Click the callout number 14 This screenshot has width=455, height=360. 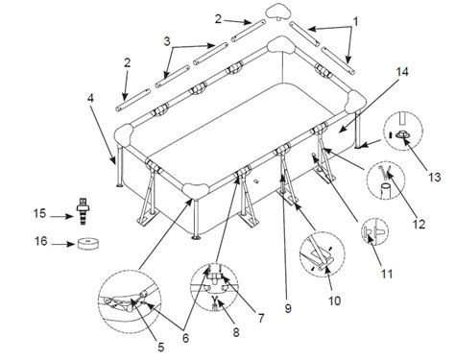click(x=402, y=71)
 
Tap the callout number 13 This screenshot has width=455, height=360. click(x=435, y=177)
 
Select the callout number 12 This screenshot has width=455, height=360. click(x=419, y=224)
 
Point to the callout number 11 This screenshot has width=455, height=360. click(x=387, y=274)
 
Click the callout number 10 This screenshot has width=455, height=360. click(x=335, y=300)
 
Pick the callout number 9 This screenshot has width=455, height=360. click(x=288, y=308)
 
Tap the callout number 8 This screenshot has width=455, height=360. click(x=236, y=332)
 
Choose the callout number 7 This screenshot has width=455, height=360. click(x=261, y=318)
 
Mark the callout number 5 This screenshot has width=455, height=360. click(x=161, y=347)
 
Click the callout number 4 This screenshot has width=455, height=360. click(x=91, y=98)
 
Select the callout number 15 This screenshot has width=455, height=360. click(x=39, y=213)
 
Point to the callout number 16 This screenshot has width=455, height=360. click(x=41, y=241)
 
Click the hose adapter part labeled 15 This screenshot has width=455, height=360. click(x=83, y=210)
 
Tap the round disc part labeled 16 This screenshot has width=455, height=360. click(x=88, y=244)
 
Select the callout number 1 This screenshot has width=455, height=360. click(x=355, y=22)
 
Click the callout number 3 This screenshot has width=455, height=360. click(x=167, y=41)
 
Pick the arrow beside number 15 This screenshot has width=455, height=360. click(x=62, y=217)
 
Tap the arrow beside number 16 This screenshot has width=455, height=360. click(x=63, y=245)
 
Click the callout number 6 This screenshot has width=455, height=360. click(x=185, y=338)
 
